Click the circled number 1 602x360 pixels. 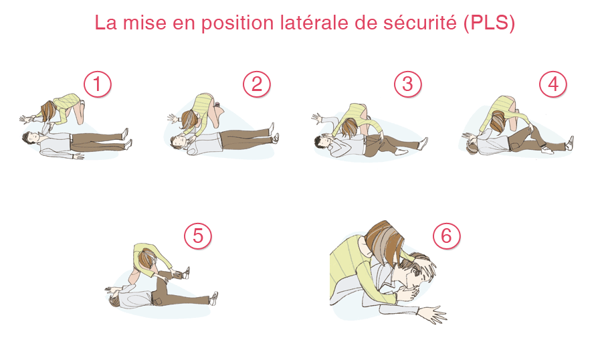98,85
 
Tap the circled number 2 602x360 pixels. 257,84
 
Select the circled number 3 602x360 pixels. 408,84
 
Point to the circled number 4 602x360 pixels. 553,84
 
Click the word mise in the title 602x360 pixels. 152,23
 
